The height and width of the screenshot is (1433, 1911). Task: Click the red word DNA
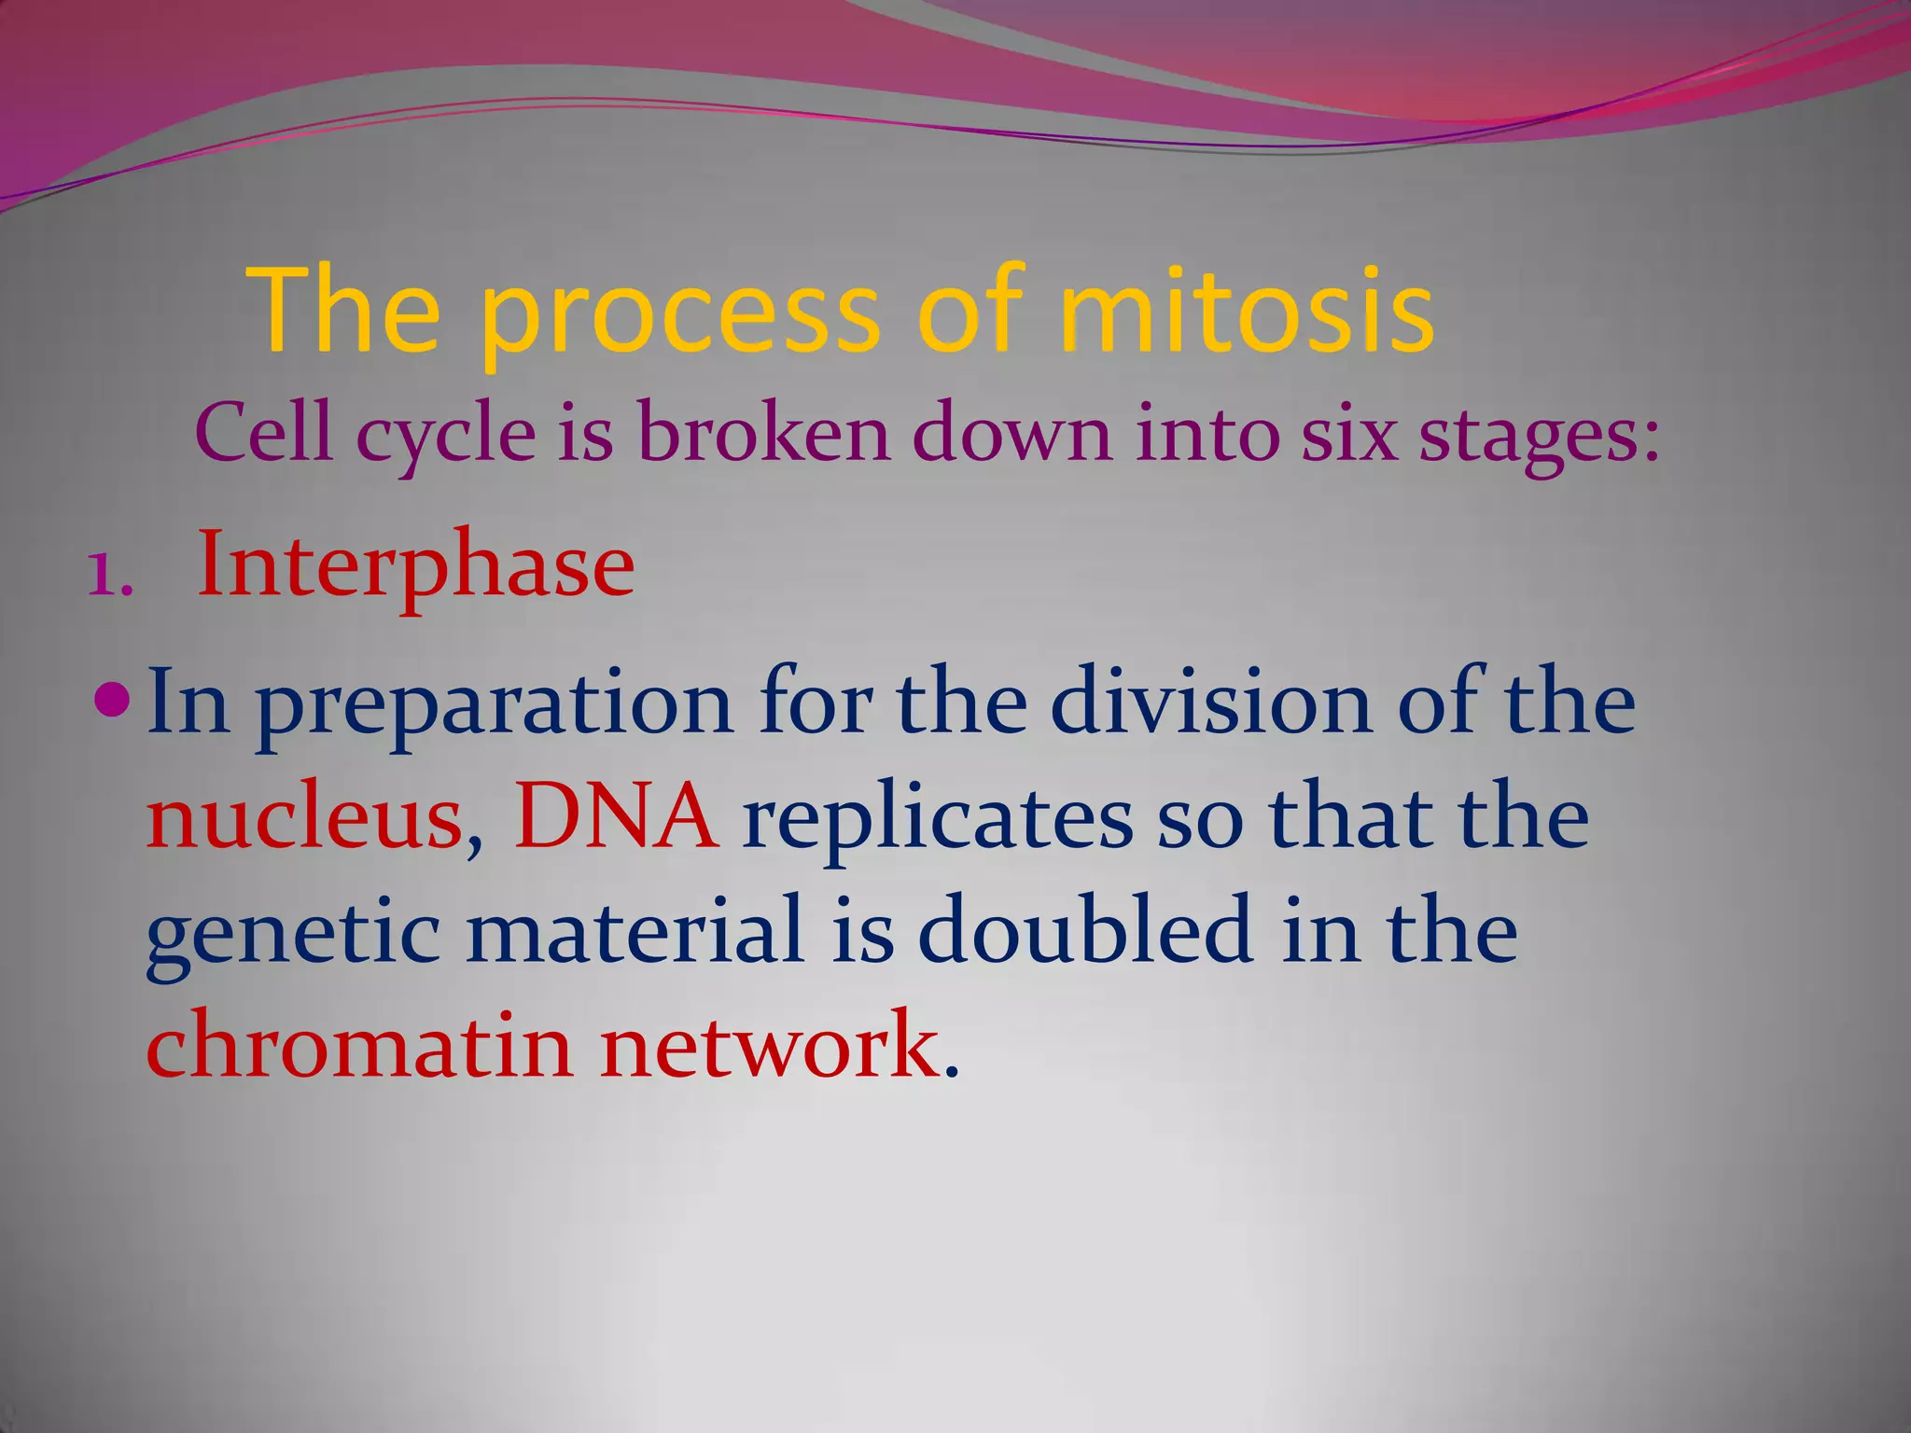pos(616,817)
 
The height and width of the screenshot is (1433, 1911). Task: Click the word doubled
pos(1083,930)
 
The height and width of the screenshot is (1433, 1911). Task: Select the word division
pos(1210,703)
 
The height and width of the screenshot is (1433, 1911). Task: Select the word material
pos(635,930)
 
